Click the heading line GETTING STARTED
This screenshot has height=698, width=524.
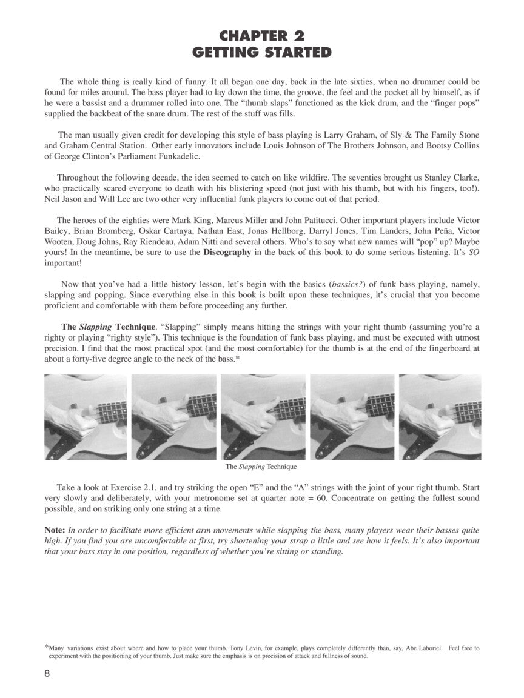(262, 52)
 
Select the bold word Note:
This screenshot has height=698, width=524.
(55, 529)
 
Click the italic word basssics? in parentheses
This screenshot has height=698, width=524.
(341, 284)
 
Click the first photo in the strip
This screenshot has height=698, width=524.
(86, 417)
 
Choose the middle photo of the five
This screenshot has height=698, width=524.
(263, 417)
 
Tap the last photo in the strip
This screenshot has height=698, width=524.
(440, 417)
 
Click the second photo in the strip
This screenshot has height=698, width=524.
(173, 417)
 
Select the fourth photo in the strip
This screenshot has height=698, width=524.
(352, 417)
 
